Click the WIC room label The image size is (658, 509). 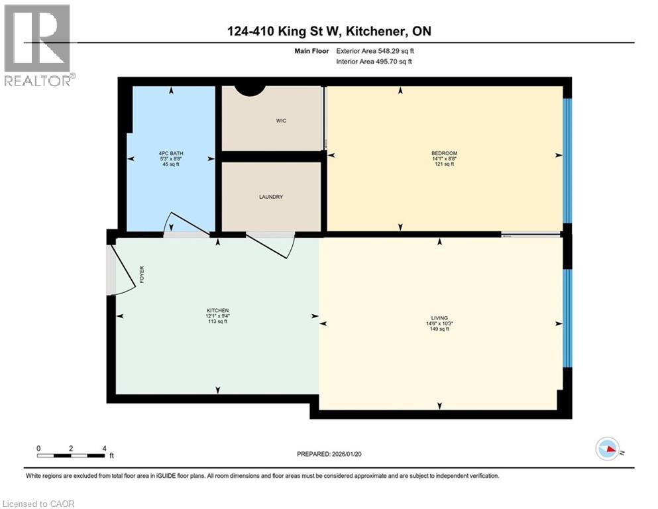(x=281, y=121)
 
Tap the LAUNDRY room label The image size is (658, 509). (x=271, y=197)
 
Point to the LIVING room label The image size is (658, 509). (x=439, y=319)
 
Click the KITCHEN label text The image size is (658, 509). (x=217, y=311)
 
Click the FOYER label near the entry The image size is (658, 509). (x=142, y=274)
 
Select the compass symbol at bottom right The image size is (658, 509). (x=608, y=449)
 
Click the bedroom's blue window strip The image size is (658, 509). (x=567, y=160)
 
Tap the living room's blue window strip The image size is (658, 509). (x=567, y=318)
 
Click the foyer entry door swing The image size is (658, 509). (x=123, y=268)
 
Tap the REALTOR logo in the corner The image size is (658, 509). (x=37, y=45)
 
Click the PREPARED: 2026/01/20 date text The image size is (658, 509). (x=329, y=454)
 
